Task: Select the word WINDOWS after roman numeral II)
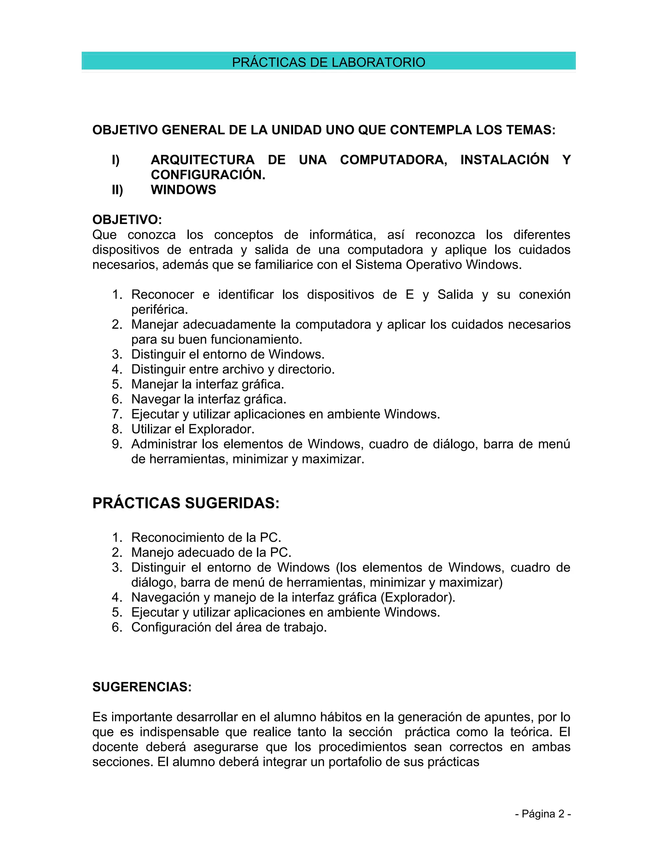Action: pyautogui.click(x=184, y=190)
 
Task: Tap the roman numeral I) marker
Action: pyautogui.click(x=116, y=160)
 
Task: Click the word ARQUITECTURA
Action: pyautogui.click(x=203, y=160)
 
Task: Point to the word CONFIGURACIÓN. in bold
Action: pyautogui.click(x=208, y=175)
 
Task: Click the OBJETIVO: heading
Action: pyautogui.click(x=127, y=220)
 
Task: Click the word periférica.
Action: pyautogui.click(x=160, y=310)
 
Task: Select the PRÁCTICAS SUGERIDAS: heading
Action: pyautogui.click(x=186, y=503)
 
